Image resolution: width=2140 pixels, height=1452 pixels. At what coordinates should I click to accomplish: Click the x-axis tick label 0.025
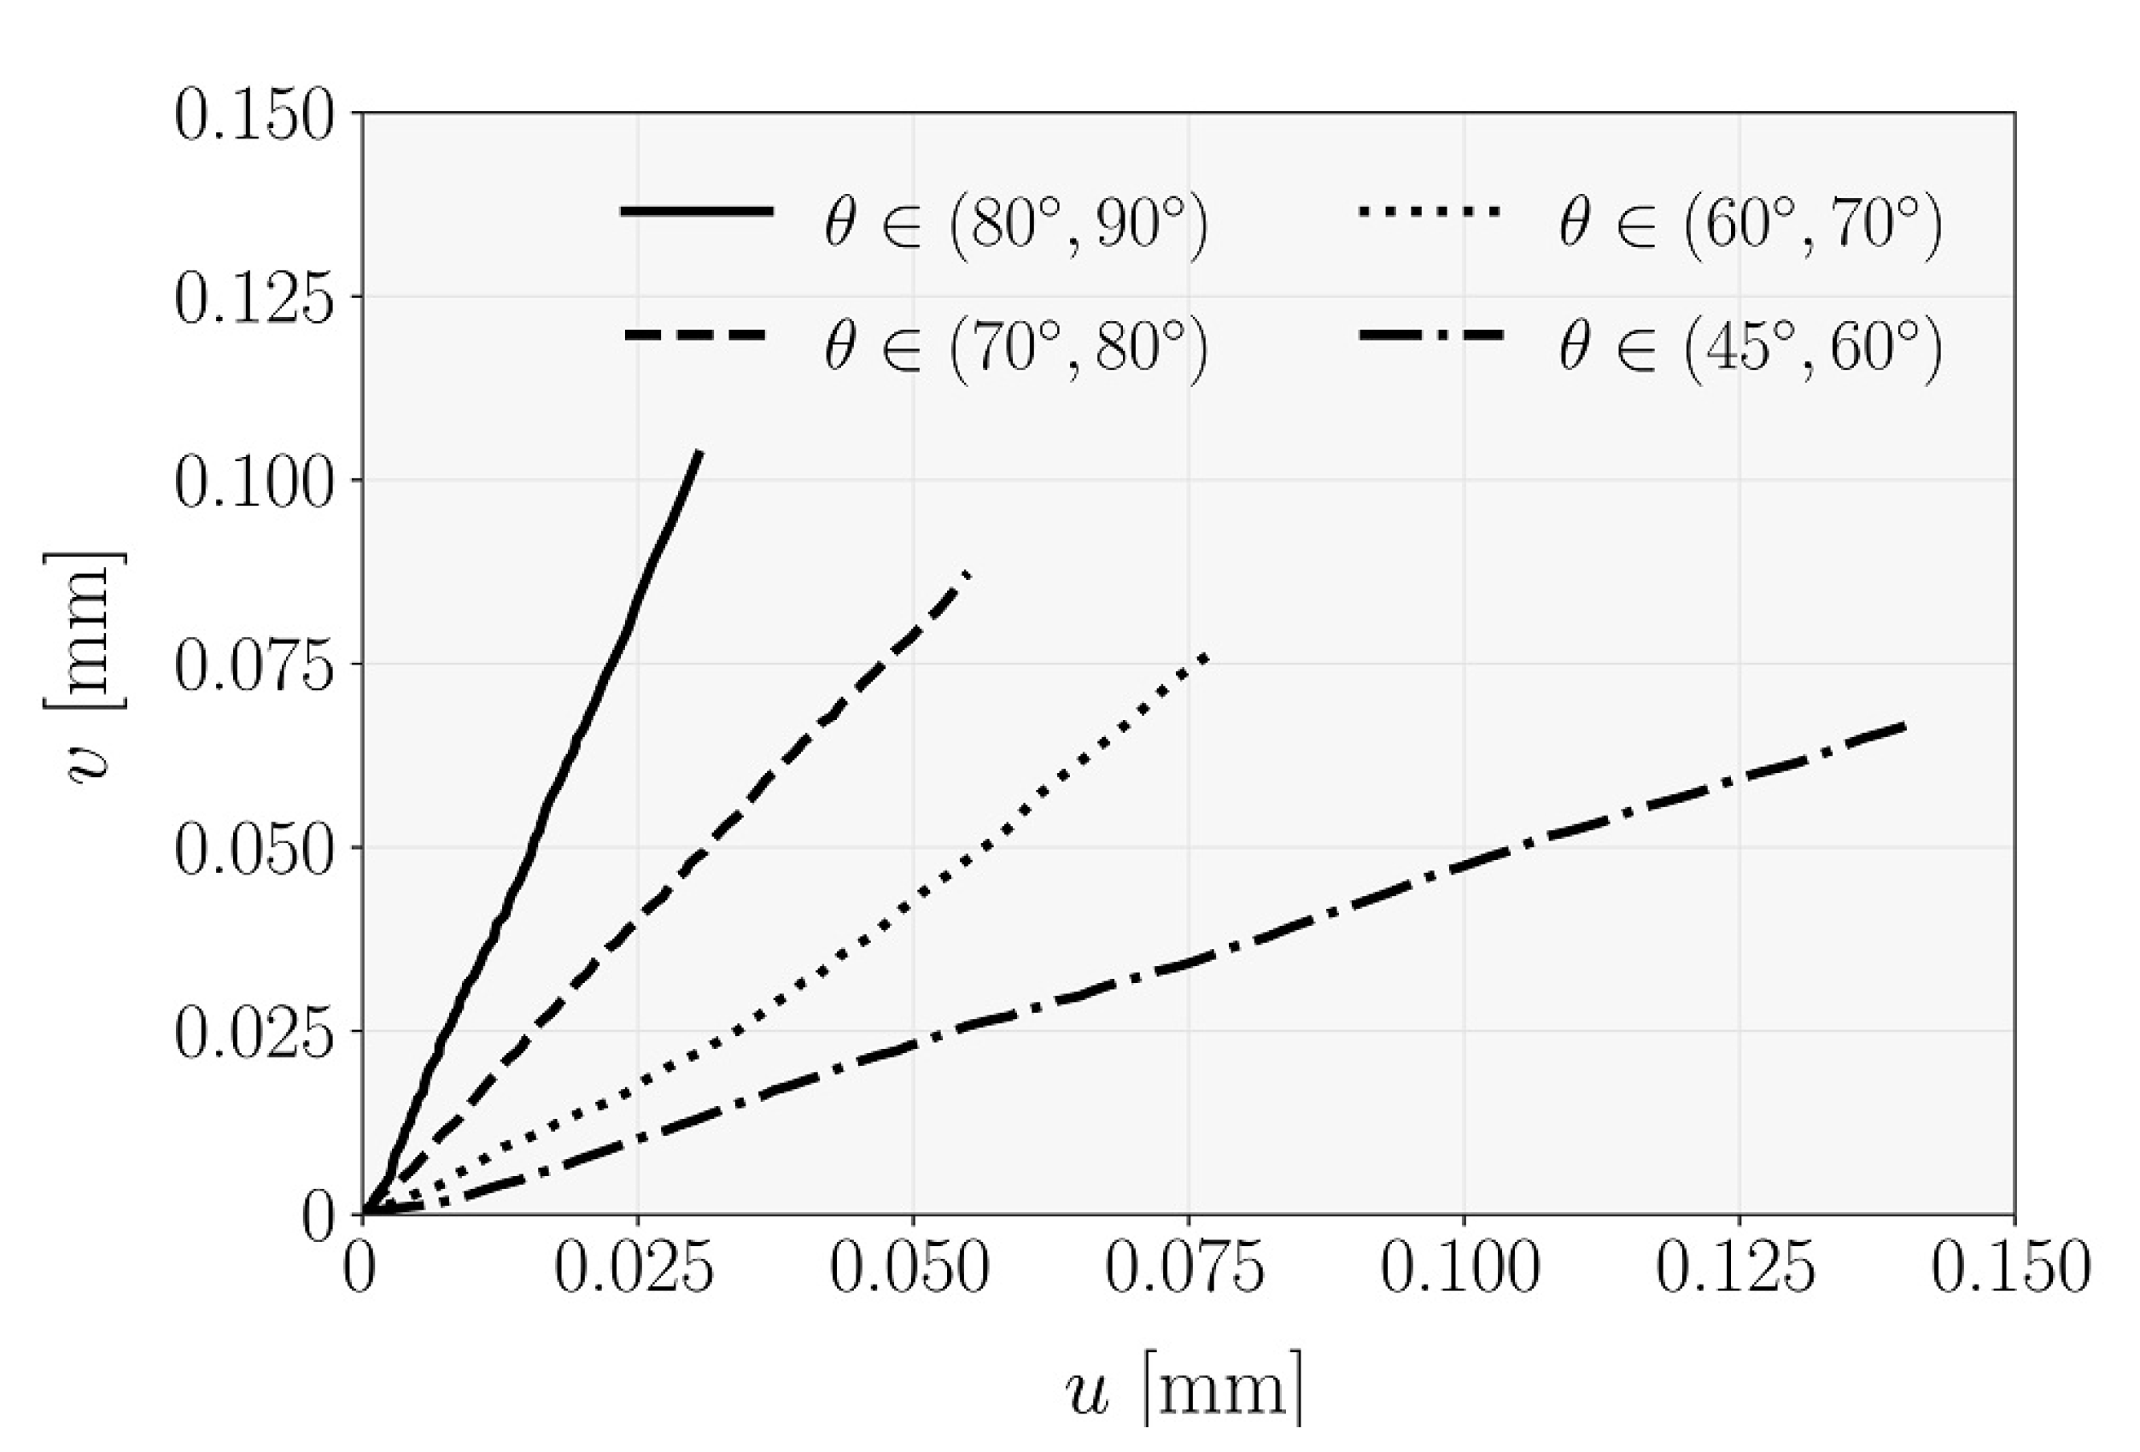634,1268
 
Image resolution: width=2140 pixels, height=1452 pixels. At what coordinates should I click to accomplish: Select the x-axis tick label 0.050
909,1268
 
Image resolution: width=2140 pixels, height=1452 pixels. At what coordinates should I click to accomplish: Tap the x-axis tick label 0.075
1184,1268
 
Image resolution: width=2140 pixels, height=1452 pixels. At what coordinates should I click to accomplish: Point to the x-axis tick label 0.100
1460,1268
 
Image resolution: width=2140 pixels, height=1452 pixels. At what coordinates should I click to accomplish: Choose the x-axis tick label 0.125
1736,1268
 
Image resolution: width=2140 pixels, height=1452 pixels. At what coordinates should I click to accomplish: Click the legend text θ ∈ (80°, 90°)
1015,222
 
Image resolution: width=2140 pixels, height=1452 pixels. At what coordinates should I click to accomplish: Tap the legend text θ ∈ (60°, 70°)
1751,222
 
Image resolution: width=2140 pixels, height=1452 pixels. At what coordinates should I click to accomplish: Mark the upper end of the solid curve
701,451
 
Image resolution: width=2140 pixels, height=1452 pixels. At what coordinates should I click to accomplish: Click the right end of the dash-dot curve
1903,728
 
